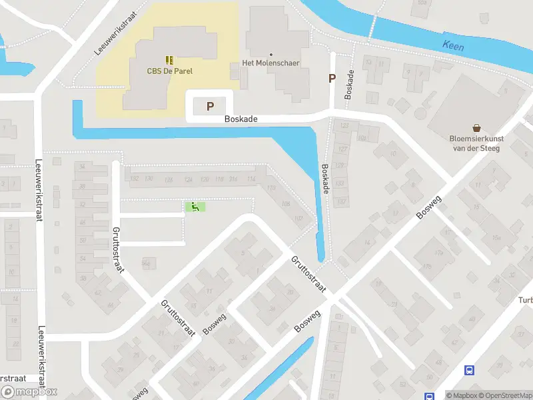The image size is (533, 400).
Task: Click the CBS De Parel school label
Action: [169, 71]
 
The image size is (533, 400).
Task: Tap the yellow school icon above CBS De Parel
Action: [169, 60]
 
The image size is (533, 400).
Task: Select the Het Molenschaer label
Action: [270, 63]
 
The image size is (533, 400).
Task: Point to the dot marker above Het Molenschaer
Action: [270, 54]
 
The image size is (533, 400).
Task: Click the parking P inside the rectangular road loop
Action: [211, 106]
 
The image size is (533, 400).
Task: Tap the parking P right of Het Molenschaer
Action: [332, 79]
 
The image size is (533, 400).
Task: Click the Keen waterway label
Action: [452, 47]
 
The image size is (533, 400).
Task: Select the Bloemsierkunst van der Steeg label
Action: [476, 143]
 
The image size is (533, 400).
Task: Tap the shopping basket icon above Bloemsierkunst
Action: [477, 127]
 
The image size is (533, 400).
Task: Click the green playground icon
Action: [195, 207]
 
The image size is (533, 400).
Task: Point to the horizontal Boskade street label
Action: [241, 119]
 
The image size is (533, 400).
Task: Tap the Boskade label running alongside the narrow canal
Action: [325, 179]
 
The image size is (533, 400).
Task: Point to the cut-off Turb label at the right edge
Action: [524, 299]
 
